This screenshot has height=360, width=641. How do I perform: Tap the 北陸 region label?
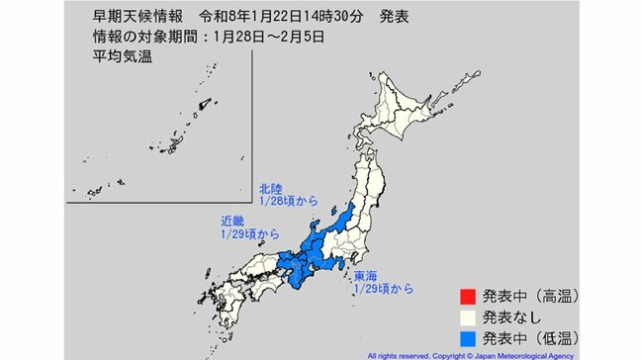271,187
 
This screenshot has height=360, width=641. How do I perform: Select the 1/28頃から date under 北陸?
288,200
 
